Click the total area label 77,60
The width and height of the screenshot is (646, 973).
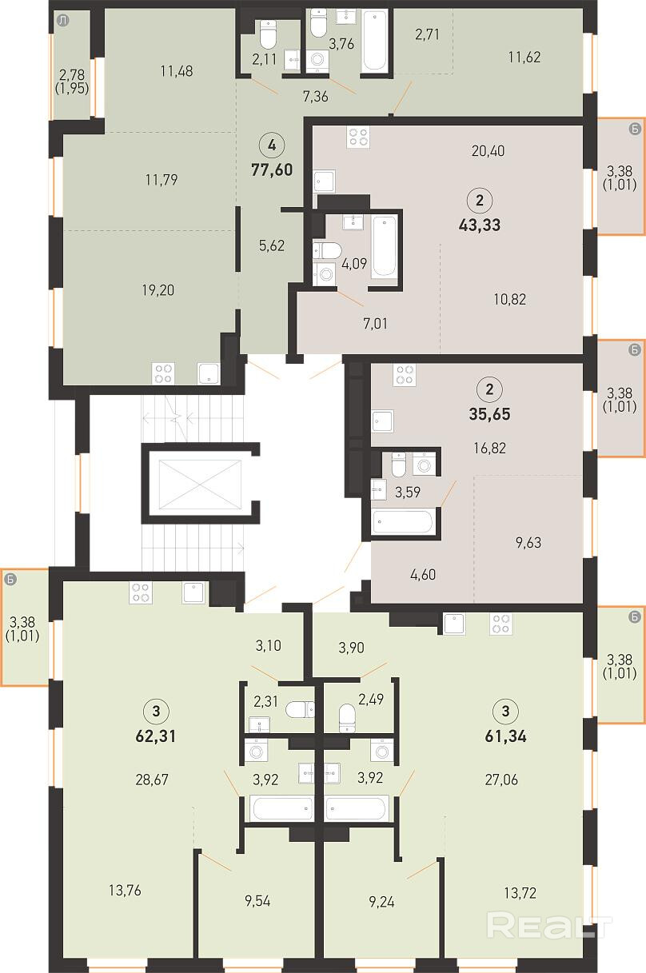point(272,169)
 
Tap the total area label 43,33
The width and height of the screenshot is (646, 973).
point(480,225)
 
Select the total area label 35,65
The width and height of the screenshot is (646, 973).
point(489,414)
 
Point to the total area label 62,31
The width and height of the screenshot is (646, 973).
point(156,736)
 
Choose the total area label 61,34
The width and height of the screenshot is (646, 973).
point(505,736)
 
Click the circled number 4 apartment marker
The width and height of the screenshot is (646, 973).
point(272,145)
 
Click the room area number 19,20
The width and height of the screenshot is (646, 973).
point(158,290)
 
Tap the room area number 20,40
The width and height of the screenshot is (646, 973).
point(488,151)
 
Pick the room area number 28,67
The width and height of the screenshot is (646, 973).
point(152,780)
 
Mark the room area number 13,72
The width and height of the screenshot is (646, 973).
point(520,894)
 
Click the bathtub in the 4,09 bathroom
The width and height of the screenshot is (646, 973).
point(385,246)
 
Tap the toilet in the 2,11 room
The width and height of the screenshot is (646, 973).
point(268,34)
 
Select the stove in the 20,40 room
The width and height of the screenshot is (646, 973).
point(358,137)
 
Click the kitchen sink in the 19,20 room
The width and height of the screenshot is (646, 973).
point(209,373)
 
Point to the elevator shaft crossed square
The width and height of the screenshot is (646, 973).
point(200,484)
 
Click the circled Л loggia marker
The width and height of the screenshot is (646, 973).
point(63,22)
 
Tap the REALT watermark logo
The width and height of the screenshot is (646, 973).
point(549,926)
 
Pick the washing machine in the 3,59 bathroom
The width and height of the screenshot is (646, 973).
point(424,465)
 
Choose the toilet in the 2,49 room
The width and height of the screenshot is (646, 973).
point(347,718)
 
